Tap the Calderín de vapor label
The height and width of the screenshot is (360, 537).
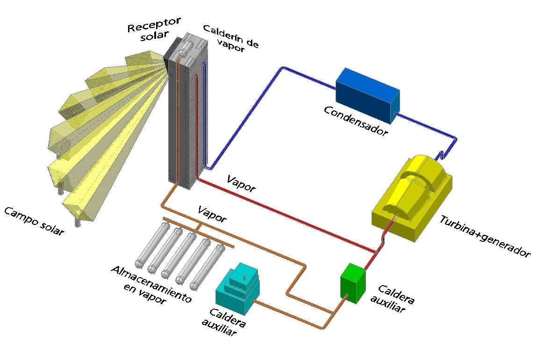[x=231, y=38]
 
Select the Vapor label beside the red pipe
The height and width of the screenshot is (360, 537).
[x=241, y=183]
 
